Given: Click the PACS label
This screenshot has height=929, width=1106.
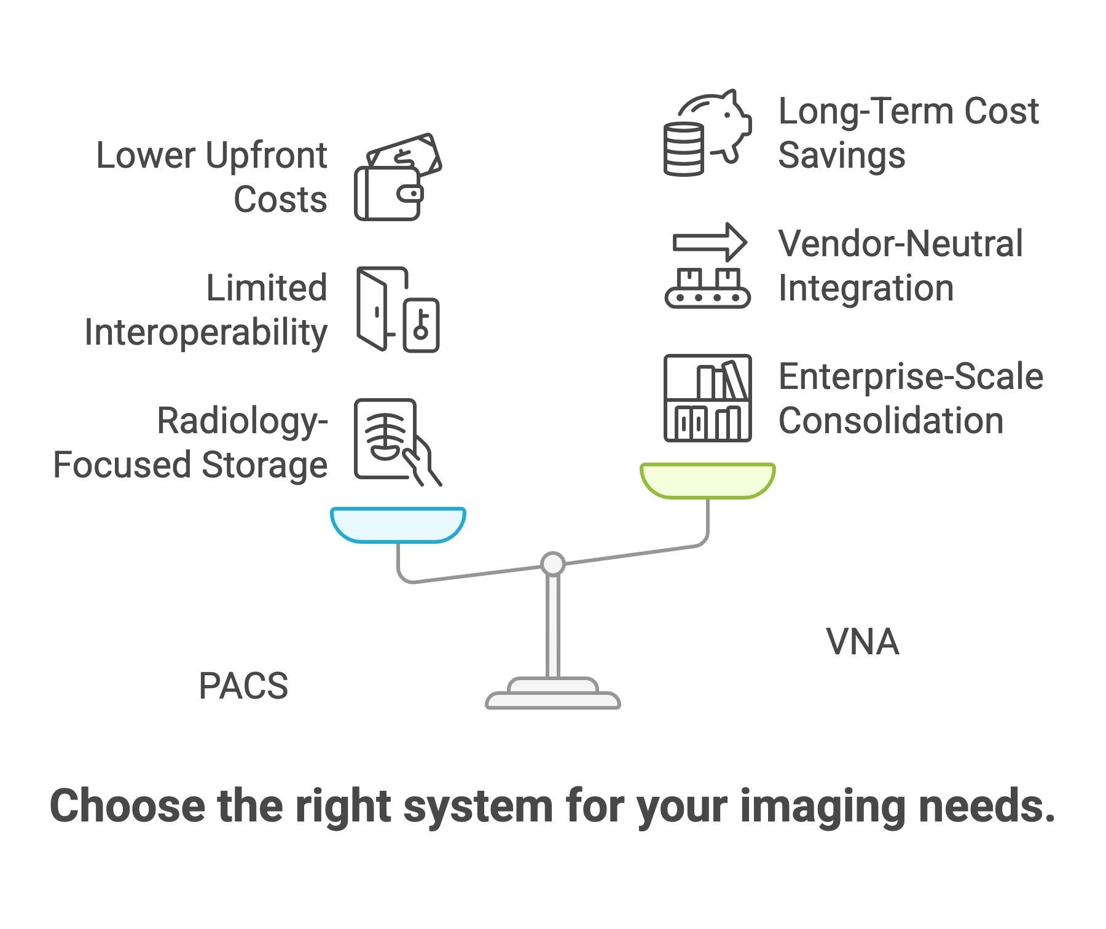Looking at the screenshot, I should [243, 686].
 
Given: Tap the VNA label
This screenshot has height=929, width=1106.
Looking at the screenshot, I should [863, 642].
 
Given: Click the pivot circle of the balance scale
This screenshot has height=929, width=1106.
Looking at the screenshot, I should [552, 563].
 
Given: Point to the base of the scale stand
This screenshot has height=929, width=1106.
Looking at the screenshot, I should [552, 699].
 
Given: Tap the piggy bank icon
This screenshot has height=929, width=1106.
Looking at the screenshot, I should [719, 123].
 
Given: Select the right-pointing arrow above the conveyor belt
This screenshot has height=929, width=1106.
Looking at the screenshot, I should [710, 242].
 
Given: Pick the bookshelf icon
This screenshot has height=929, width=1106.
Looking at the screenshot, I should [707, 398].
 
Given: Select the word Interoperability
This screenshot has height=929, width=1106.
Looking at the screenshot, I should [206, 333].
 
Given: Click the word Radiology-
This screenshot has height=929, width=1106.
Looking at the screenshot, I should [242, 421].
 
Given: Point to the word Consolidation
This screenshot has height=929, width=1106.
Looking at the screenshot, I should [890, 421].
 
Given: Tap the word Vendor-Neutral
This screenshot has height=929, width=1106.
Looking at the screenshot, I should [900, 244].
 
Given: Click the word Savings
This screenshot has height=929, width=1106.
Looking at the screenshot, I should [841, 155].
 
